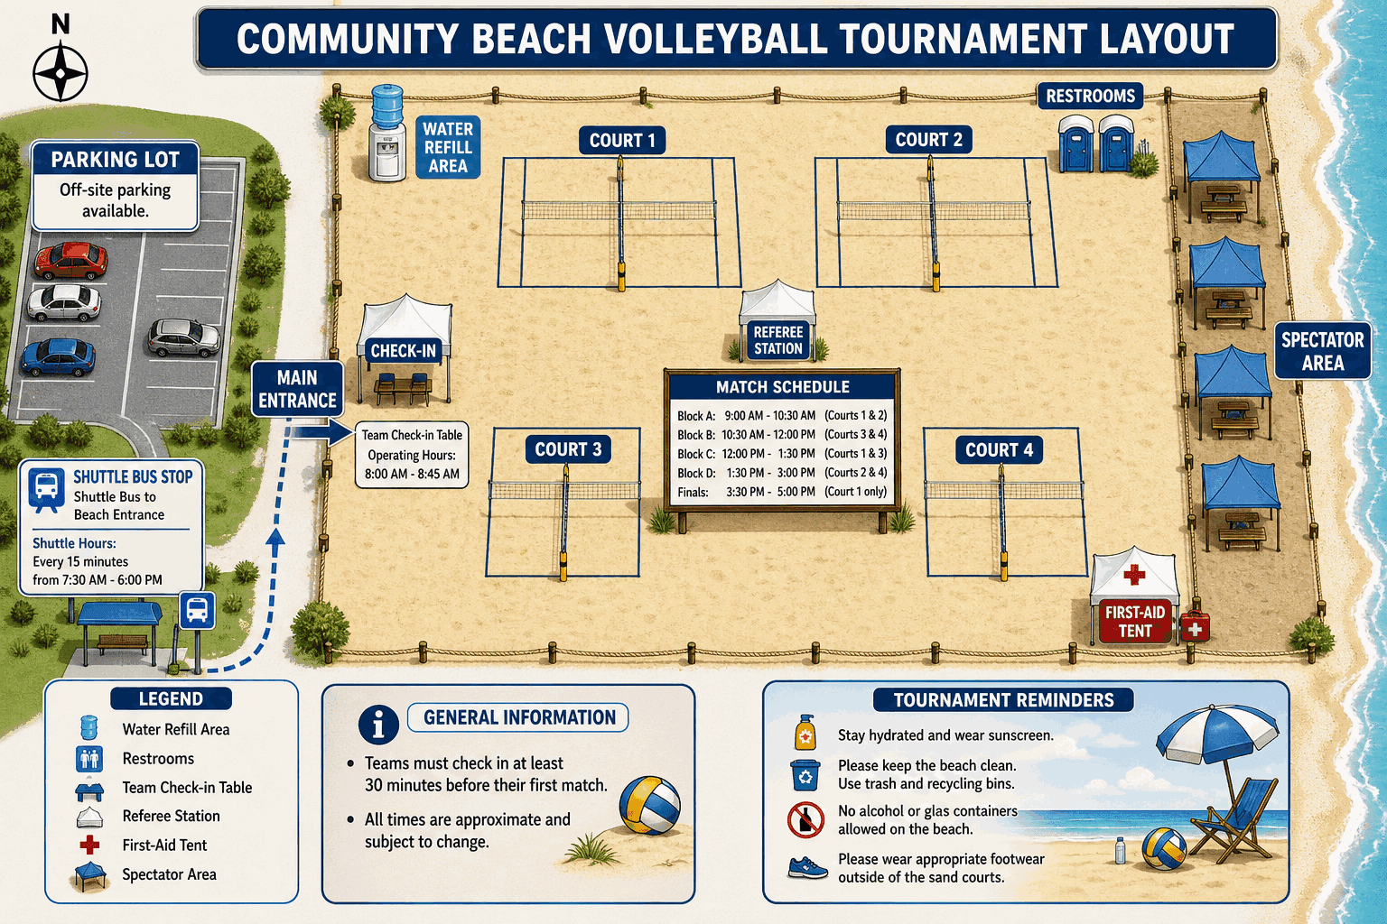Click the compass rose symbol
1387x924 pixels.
point(61,73)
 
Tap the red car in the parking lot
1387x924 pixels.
point(70,260)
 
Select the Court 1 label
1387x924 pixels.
point(621,141)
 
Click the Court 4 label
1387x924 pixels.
point(1000,450)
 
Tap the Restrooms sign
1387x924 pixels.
point(1090,96)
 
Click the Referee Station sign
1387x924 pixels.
point(777,340)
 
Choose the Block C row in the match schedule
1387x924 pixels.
point(782,454)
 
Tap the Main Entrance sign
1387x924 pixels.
point(297,389)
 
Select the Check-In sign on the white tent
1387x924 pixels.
point(403,351)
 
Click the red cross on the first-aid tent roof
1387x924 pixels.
point(1134,574)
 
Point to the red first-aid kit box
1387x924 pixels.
point(1195,626)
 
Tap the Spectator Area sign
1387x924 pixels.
point(1323,351)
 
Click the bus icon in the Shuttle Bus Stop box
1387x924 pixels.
point(46,489)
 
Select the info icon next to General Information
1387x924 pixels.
point(377,724)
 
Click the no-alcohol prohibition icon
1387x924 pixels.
point(805,820)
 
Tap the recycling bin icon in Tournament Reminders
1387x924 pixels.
point(805,775)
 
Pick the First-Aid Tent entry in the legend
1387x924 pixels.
point(153,845)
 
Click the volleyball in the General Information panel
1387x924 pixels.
point(649,805)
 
